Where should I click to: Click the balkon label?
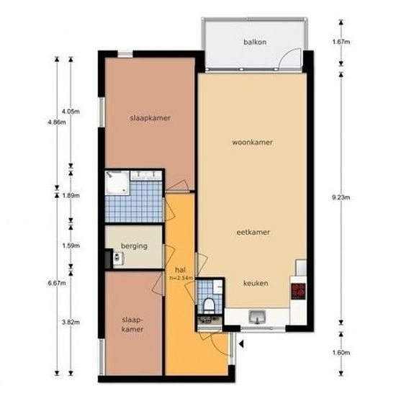[255, 42]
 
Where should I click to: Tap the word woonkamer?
[252, 143]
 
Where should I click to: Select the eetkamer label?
[253, 233]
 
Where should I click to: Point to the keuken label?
[256, 283]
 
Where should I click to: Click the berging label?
[134, 246]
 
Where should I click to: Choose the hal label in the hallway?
[180, 270]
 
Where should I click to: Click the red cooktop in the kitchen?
[298, 291]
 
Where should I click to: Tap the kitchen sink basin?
[257, 317]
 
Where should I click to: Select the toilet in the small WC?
[209, 305]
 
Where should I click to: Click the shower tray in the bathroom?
[117, 183]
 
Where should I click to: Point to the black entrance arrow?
[241, 343]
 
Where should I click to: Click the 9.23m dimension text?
[341, 197]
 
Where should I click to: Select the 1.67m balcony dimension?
[341, 42]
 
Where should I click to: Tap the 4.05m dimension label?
[71, 112]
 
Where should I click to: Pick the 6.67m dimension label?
[57, 283]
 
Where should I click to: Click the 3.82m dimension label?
[71, 323]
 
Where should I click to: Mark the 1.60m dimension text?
[341, 353]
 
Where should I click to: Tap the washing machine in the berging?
[117, 258]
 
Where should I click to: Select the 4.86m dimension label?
[57, 122]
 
